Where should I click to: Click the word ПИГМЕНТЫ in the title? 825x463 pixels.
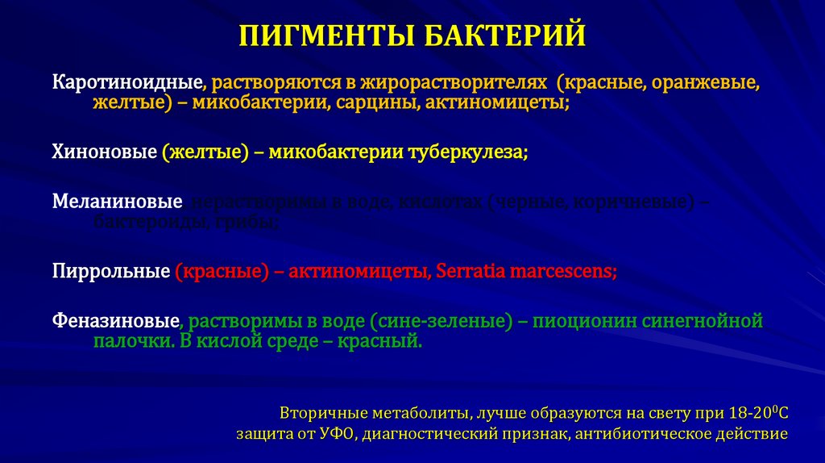point(326,36)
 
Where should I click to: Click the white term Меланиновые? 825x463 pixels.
point(117,202)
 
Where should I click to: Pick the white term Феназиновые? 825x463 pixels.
point(116,321)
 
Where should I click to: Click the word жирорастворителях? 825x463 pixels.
point(453,83)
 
